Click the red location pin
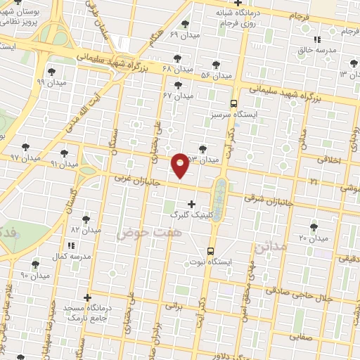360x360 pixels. tap(181, 165)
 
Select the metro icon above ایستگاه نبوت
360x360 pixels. tap(211, 251)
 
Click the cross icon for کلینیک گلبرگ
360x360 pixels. tap(191, 203)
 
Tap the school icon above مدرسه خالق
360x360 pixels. tap(317, 39)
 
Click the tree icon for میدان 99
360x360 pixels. tap(51, 71)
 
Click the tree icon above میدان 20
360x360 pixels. tap(314, 227)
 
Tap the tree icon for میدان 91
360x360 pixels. tap(64, 153)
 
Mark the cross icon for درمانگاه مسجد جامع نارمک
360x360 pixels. tap(87, 298)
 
